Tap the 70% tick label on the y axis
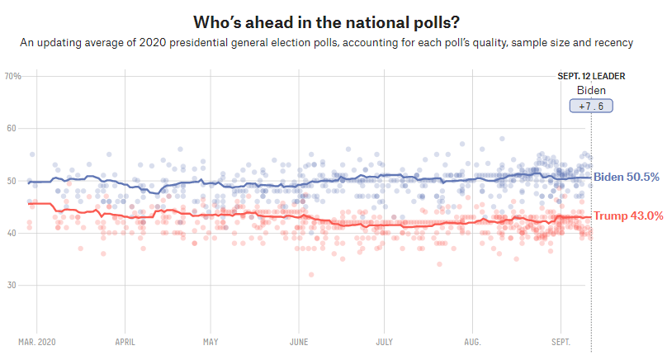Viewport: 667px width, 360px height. (x=13, y=77)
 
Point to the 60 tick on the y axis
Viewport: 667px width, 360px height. (x=12, y=129)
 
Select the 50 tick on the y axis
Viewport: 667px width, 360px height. (x=12, y=181)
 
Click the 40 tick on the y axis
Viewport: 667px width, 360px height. (x=12, y=233)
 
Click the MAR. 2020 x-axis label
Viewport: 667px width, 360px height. (x=37, y=340)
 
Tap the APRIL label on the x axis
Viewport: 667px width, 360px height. (x=125, y=340)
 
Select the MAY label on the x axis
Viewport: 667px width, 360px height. (x=210, y=340)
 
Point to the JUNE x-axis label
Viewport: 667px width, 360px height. (x=299, y=340)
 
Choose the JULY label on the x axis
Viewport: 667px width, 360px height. (x=384, y=340)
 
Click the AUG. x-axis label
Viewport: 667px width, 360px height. (x=471, y=340)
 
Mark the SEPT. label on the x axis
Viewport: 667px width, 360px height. (x=561, y=340)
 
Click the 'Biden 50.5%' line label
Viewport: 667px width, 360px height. (x=627, y=177)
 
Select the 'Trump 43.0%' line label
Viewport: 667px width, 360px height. (x=628, y=216)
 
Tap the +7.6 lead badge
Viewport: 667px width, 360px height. (x=591, y=107)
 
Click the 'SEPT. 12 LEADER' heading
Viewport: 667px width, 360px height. (x=591, y=77)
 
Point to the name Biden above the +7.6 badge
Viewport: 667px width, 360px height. (x=591, y=90)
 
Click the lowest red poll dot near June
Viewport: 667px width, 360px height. (x=311, y=275)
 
